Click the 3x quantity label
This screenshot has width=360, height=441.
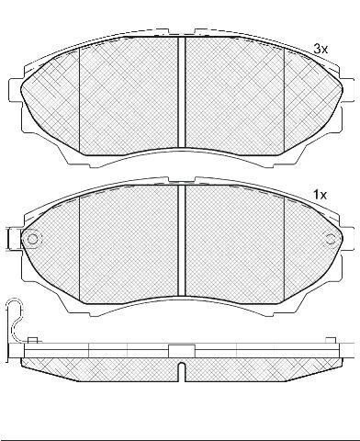pyautogui.click(x=320, y=49)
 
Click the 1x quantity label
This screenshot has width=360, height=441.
pyautogui.click(x=320, y=195)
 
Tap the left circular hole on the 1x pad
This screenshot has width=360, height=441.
pyautogui.click(x=32, y=239)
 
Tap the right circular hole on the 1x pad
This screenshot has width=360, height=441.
pyautogui.click(x=331, y=239)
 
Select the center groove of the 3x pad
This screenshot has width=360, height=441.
pyautogui.click(x=182, y=92)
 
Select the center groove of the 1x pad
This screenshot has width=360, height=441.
pyautogui.click(x=182, y=241)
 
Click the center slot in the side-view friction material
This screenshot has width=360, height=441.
pyautogui.click(x=182, y=372)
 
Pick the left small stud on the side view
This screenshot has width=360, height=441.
pyautogui.click(x=32, y=340)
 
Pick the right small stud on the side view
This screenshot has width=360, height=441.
pyautogui.click(x=331, y=340)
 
